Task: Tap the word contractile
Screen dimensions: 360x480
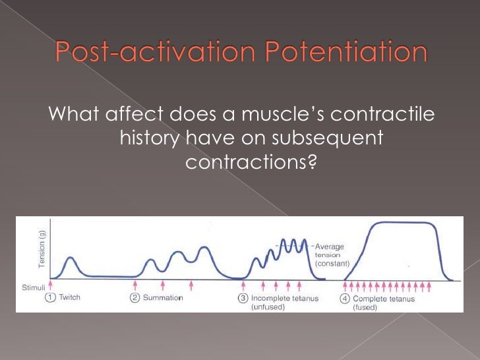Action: coord(381,114)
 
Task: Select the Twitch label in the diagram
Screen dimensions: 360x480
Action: coord(70,297)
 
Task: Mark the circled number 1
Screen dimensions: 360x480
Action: coord(50,297)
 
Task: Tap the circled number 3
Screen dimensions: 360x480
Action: coord(243,298)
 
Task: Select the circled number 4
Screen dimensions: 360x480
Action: coord(345,298)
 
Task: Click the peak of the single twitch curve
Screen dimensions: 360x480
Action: coord(71,256)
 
